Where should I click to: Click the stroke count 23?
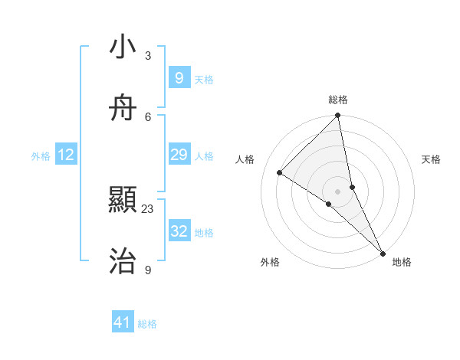point(148,208)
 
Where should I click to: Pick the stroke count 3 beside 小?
point(148,56)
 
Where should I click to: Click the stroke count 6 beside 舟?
point(148,116)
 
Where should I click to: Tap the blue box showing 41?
point(123,323)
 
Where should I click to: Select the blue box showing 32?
point(179,231)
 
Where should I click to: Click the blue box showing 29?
point(179,155)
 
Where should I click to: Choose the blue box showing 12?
point(66,155)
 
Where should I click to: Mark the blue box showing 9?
point(179,78)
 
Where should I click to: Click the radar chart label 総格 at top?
point(338,100)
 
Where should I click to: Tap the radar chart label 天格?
point(431,159)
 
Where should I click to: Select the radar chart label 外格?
point(270,262)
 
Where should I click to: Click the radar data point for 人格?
point(280,173)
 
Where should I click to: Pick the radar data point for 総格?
point(338,116)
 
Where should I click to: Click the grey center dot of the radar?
point(338,191)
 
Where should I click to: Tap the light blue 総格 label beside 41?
point(147,324)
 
